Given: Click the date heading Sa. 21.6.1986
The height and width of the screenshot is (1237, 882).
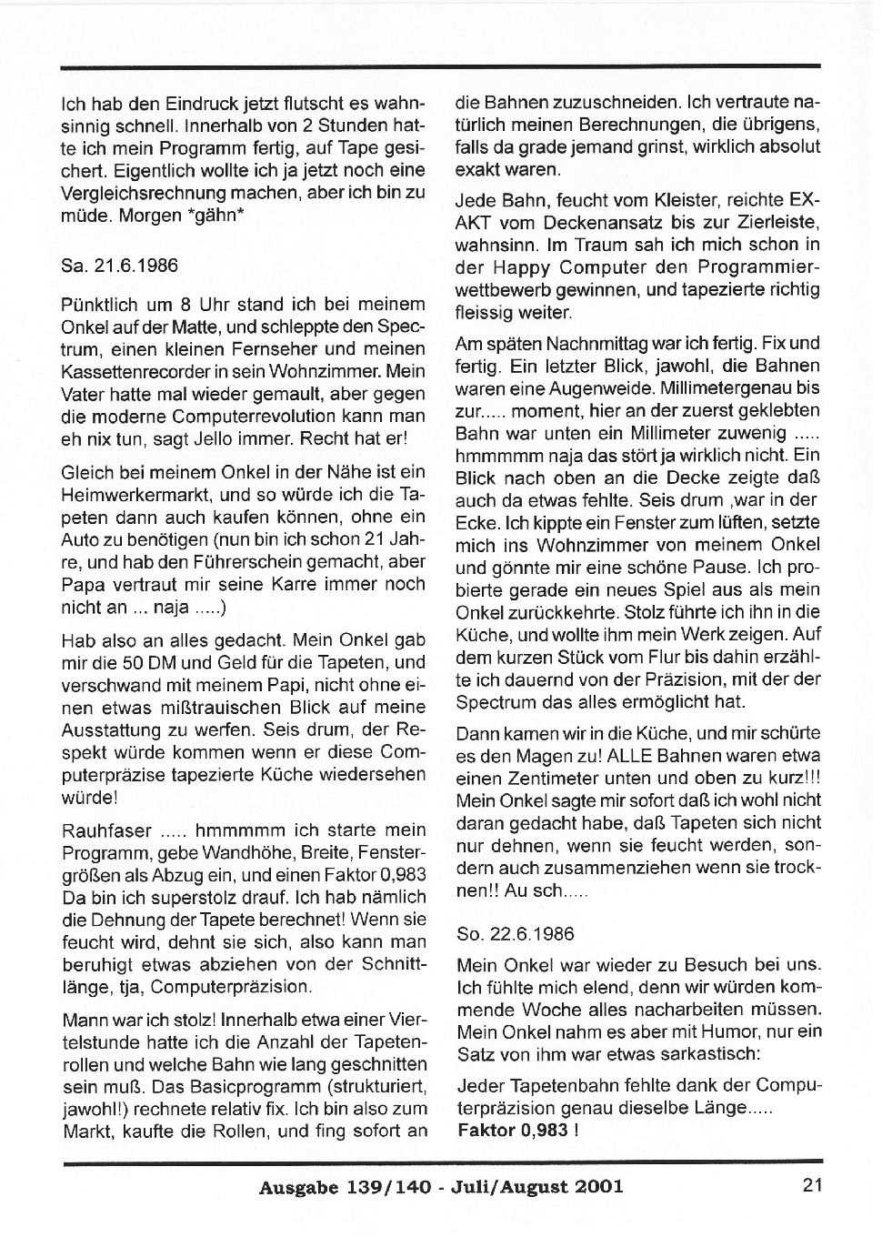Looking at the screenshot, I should pyautogui.click(x=119, y=266).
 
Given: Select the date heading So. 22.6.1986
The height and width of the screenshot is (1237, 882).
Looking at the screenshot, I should pyautogui.click(x=516, y=934).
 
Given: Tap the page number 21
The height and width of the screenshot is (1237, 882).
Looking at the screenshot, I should pyautogui.click(x=812, y=1184).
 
